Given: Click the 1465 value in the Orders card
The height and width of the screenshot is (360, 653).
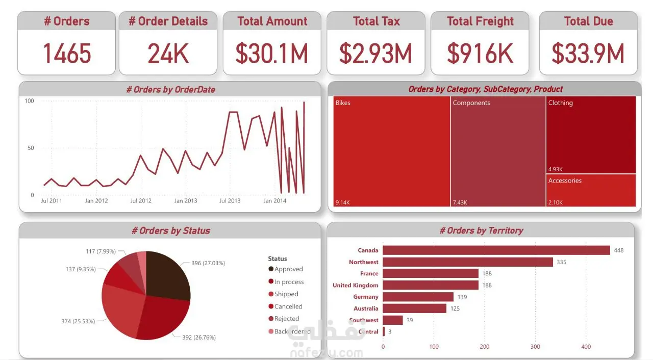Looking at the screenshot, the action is (x=67, y=54).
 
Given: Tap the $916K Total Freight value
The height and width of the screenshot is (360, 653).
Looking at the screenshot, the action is (x=480, y=54).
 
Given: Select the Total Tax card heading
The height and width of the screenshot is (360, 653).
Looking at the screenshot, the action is (x=376, y=21).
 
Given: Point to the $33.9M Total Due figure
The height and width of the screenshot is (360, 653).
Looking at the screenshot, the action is (x=588, y=54).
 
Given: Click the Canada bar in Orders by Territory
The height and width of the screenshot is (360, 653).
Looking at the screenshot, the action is (x=496, y=250).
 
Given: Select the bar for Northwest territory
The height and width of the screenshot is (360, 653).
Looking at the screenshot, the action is (x=468, y=262).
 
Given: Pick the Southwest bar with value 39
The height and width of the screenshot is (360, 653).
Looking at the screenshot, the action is (x=393, y=320).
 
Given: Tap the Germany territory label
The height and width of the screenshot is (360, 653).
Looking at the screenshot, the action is (x=366, y=297).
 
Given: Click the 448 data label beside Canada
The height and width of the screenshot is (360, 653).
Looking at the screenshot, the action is (x=619, y=250).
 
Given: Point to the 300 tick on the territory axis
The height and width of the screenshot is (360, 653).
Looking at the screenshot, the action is (x=535, y=347).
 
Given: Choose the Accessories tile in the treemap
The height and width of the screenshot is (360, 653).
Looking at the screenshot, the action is (x=591, y=191).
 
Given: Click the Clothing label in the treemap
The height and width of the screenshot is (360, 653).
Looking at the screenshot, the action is (x=560, y=103).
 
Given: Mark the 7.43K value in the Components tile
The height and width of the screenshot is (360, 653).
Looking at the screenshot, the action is (x=460, y=202).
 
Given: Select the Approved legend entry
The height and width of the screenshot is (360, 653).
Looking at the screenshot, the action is (x=285, y=269).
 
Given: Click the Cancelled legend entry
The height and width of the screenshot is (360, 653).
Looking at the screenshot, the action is (x=285, y=306).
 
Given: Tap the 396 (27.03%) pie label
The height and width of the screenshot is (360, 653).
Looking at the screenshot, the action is (x=208, y=263).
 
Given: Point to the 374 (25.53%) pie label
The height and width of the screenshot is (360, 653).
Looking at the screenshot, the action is (x=78, y=321).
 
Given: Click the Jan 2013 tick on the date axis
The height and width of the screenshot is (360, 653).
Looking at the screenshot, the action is (x=185, y=201).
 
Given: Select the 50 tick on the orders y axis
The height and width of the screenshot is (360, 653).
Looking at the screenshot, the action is (x=31, y=148).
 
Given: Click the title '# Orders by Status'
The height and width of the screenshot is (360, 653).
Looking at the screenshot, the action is (x=170, y=230).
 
